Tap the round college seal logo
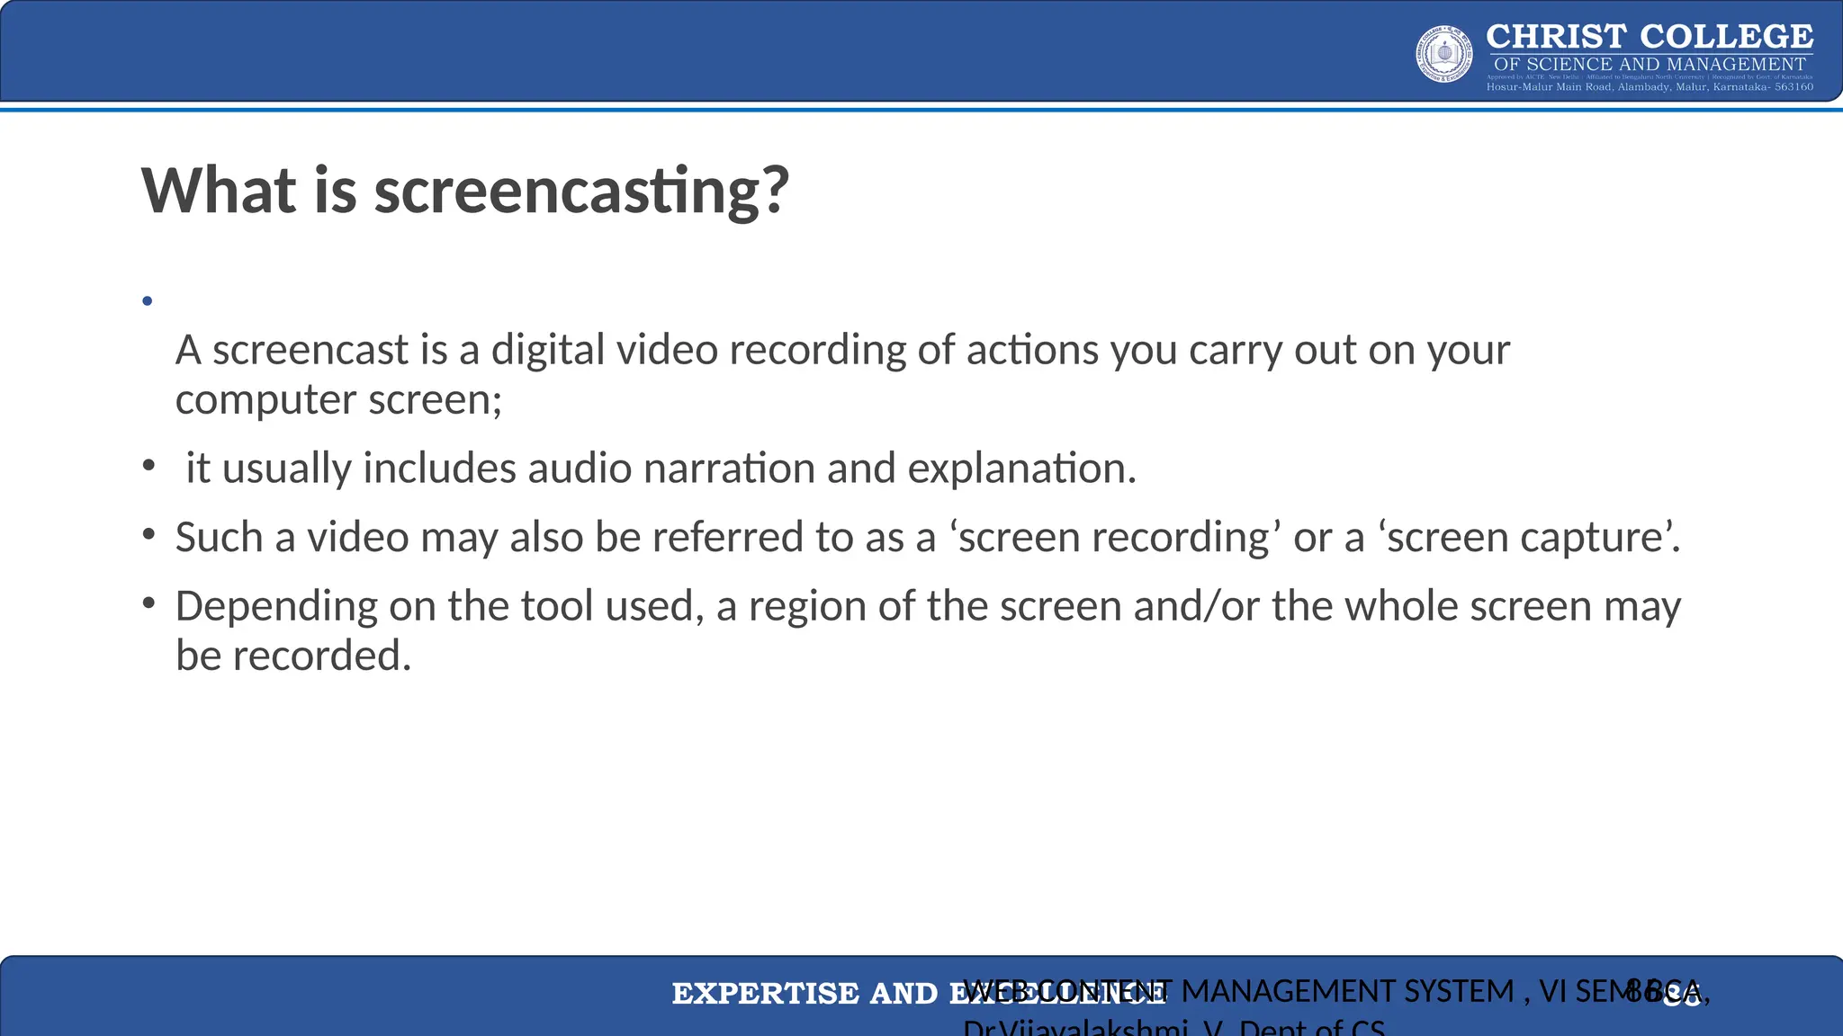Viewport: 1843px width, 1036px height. tap(1444, 54)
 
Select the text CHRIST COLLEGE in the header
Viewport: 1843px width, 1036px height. tap(1649, 37)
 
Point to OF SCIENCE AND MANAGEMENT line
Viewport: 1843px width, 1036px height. tap(1649, 64)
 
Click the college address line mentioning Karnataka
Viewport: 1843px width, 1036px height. tap(1649, 87)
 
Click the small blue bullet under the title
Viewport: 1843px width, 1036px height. tap(148, 301)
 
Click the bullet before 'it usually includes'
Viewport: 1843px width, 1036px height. tap(148, 465)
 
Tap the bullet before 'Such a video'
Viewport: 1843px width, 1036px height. tap(148, 534)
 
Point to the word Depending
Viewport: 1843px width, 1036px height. tap(276, 607)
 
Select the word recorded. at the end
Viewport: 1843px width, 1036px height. tap(322, 656)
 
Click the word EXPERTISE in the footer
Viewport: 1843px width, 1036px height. tap(765, 994)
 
